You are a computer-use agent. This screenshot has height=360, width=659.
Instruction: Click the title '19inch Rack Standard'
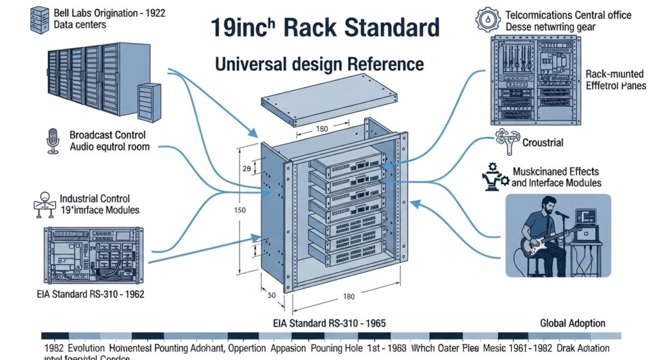(325, 29)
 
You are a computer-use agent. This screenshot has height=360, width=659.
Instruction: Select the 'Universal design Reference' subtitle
(319, 64)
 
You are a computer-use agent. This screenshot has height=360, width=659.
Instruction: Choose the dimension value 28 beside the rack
(246, 169)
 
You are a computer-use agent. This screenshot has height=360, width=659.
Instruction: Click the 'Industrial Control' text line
(95, 198)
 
